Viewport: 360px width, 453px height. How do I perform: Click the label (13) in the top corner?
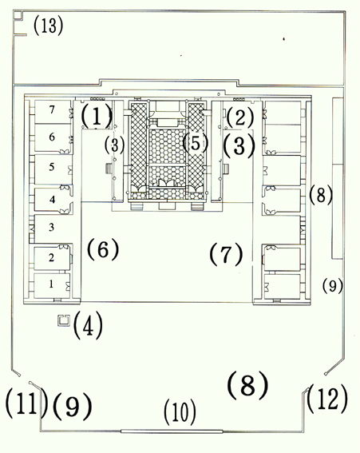pos(48,26)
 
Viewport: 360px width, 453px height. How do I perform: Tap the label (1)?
pos(96,117)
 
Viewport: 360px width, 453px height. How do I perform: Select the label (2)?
pos(240,118)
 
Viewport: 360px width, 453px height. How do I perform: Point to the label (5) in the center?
pos(196,143)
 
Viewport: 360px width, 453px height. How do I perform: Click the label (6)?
pos(103,249)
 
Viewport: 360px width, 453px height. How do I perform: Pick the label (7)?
pos(226,254)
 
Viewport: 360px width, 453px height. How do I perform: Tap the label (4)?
pos(88,324)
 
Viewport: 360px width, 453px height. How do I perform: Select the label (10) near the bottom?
pos(180,412)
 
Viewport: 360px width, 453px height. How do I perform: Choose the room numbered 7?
pos(52,112)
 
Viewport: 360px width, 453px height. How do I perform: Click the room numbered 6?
pos(52,137)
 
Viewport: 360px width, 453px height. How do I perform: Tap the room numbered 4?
pos(52,201)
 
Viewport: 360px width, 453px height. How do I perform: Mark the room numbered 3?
pos(51,228)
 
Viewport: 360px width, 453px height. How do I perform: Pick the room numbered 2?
pos(51,258)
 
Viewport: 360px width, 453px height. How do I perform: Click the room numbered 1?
pos(51,285)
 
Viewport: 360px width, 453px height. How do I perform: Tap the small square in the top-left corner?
pos(18,14)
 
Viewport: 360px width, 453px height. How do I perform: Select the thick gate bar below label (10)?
pos(172,431)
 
